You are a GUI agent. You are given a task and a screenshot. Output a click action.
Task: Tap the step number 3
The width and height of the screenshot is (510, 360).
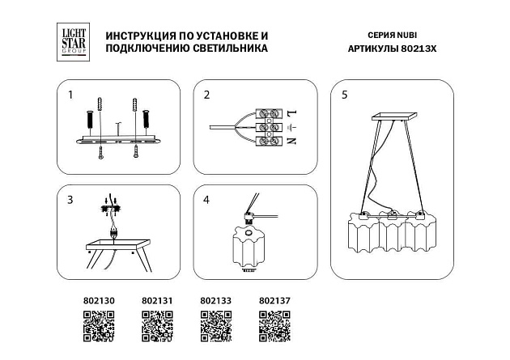pyautogui.click(x=70, y=200)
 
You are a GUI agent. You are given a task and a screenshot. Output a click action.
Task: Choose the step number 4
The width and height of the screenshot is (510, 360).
pyautogui.click(x=206, y=200)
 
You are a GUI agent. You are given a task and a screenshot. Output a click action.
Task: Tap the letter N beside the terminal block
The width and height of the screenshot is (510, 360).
pyautogui.click(x=291, y=142)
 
